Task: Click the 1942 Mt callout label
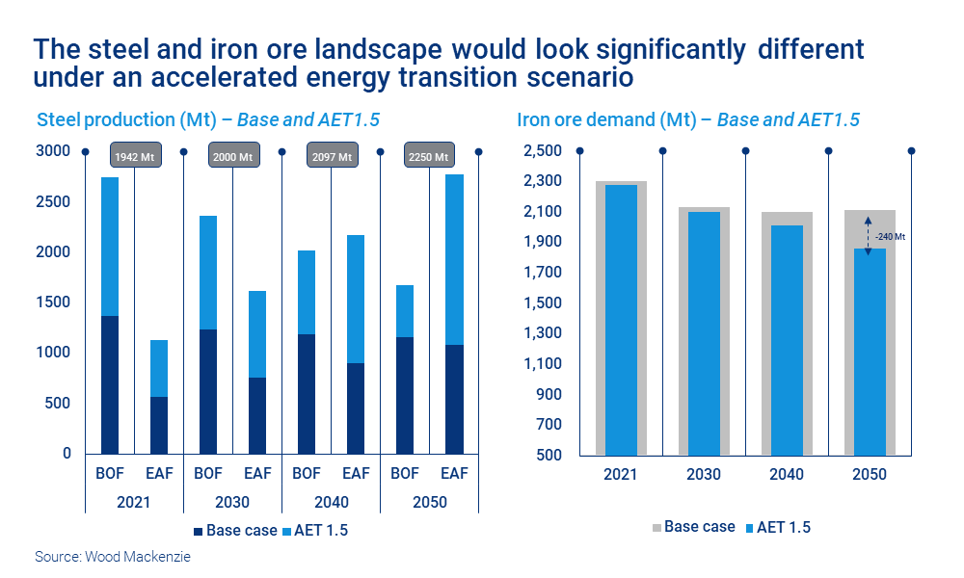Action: click(x=134, y=156)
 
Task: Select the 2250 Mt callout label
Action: click(x=429, y=156)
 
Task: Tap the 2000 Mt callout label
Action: click(x=232, y=156)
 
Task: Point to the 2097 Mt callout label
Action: click(x=331, y=156)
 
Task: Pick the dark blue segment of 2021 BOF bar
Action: click(x=109, y=384)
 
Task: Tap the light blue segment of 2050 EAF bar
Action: click(x=454, y=259)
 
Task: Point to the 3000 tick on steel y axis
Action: click(x=54, y=151)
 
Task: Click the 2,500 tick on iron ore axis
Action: click(x=542, y=151)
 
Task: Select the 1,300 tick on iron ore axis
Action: click(x=542, y=333)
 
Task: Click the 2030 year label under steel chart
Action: click(x=232, y=502)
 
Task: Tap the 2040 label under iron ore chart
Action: click(x=786, y=474)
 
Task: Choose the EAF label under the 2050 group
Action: click(x=454, y=473)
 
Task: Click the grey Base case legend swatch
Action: click(x=657, y=527)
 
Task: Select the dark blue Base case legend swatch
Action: click(x=199, y=531)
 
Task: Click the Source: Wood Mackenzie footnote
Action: click(x=113, y=557)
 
